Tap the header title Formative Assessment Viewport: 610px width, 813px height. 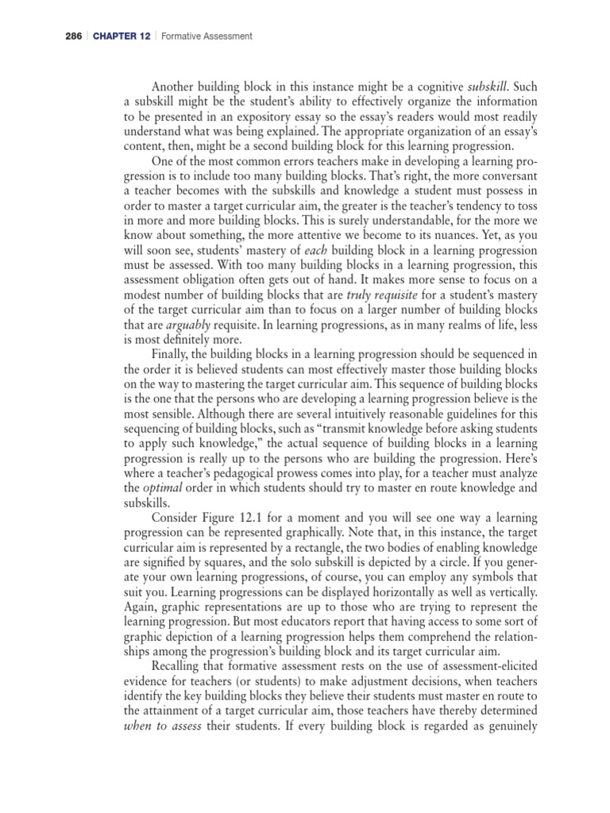(x=207, y=36)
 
